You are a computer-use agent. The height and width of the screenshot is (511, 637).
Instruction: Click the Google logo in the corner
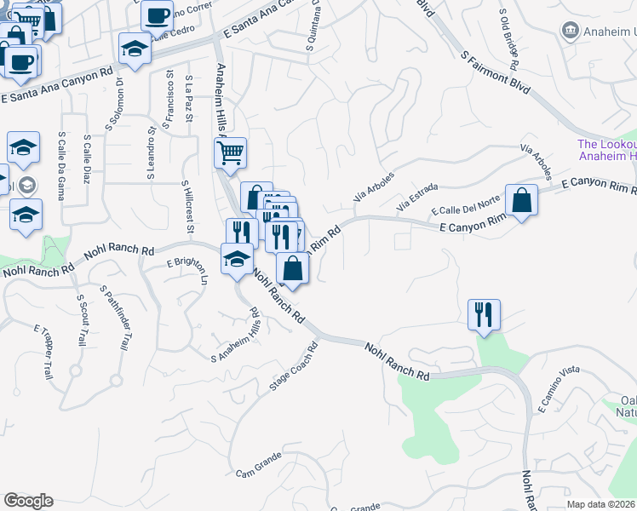(28, 501)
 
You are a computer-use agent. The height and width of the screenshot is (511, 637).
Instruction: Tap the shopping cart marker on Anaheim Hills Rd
(230, 154)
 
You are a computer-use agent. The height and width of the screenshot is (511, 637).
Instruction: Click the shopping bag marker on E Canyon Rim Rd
(521, 201)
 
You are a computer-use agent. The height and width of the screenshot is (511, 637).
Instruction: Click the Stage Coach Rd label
(294, 367)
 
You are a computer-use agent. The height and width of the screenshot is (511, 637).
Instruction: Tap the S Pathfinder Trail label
(119, 319)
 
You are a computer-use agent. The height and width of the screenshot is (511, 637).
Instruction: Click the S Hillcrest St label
(188, 210)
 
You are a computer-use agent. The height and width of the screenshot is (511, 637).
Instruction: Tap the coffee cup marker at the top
(156, 14)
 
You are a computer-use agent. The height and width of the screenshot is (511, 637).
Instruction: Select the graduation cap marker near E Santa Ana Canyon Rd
(135, 49)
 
